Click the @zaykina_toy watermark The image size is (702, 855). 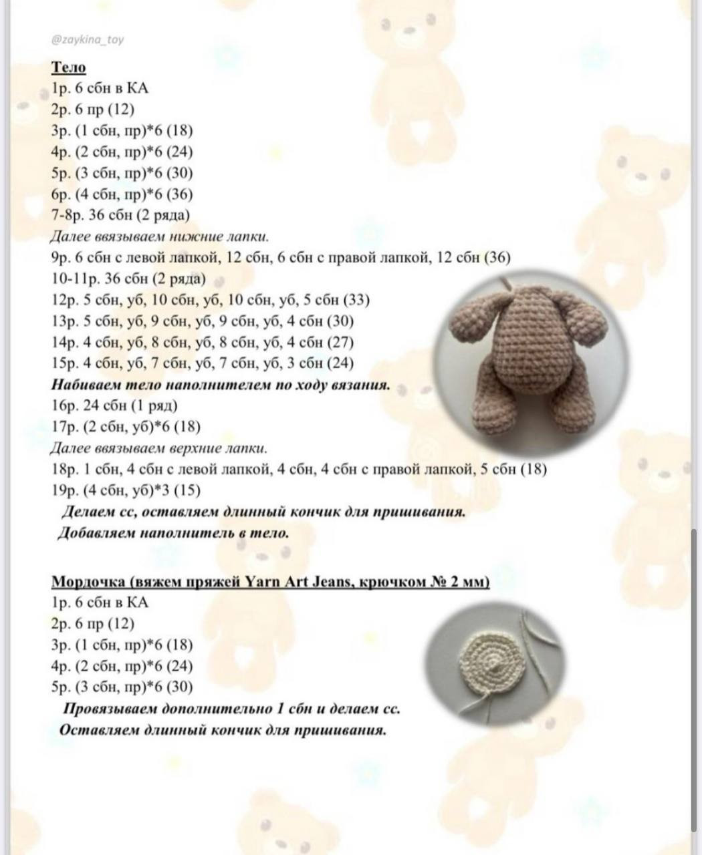click(x=87, y=39)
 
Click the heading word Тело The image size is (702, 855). click(x=69, y=67)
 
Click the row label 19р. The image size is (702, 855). click(x=65, y=490)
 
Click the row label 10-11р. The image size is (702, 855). click(x=73, y=279)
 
